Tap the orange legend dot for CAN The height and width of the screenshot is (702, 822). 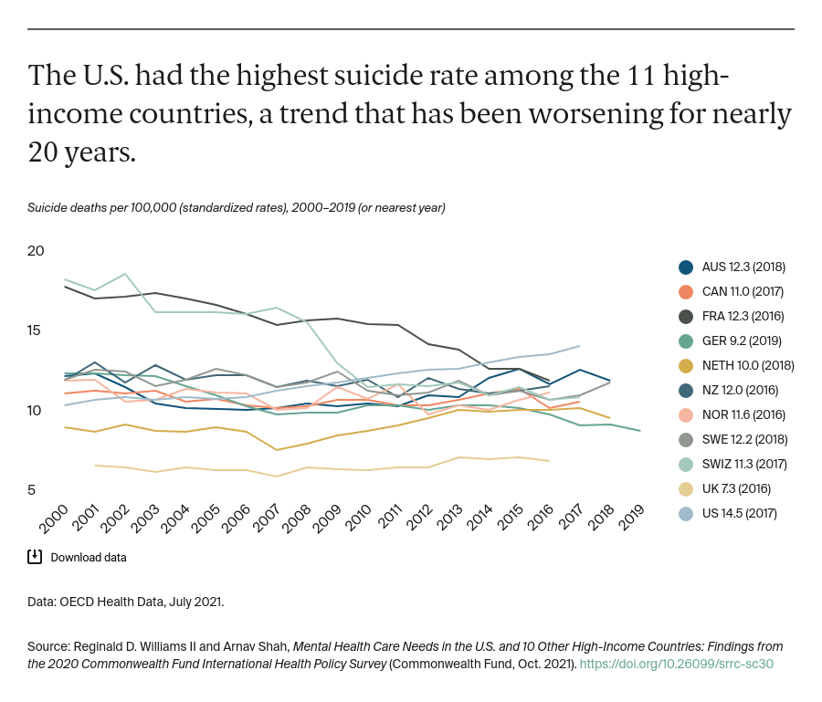686,292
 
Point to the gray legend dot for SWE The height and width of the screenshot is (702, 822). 686,439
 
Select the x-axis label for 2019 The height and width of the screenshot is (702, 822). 630,520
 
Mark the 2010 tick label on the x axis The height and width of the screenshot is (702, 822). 357,520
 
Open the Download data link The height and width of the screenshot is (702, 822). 88,557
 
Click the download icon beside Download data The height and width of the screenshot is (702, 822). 35,557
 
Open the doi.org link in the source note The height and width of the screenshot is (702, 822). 676,665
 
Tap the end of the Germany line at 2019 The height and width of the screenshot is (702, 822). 639,430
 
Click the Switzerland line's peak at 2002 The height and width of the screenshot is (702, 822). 125,274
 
